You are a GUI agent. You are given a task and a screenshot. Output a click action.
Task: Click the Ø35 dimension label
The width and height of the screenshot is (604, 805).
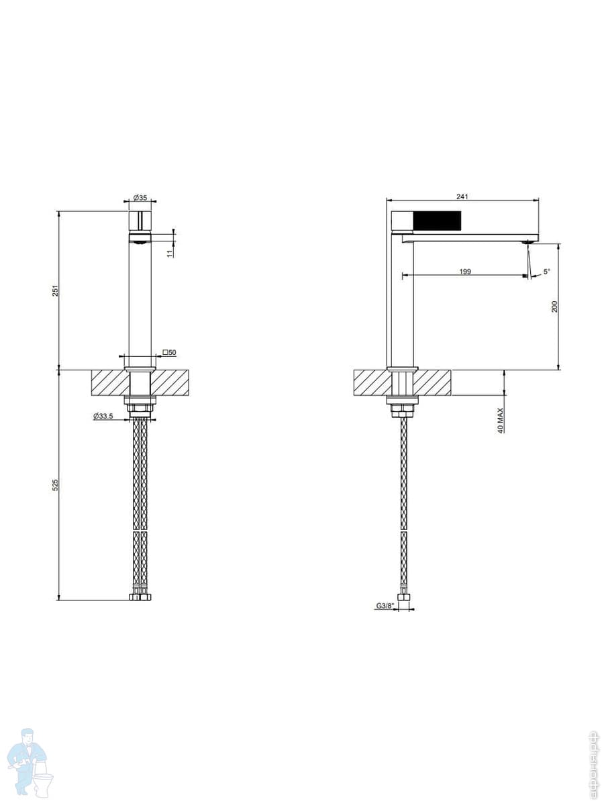click(x=140, y=198)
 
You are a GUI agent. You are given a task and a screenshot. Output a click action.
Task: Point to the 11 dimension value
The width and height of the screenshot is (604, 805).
click(x=170, y=253)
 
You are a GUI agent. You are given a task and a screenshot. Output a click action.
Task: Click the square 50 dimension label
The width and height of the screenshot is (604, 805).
click(x=169, y=352)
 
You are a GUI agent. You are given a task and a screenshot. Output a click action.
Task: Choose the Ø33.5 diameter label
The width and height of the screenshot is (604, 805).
click(x=103, y=416)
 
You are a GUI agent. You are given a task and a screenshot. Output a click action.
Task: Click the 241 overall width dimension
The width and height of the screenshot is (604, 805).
click(x=462, y=197)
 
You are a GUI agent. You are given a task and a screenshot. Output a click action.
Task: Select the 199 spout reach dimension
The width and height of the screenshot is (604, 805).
click(x=465, y=272)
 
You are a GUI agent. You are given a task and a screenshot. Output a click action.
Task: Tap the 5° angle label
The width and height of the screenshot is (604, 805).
click(x=547, y=272)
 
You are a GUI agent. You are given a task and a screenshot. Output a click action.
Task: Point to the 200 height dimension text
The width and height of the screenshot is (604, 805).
click(x=554, y=307)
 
